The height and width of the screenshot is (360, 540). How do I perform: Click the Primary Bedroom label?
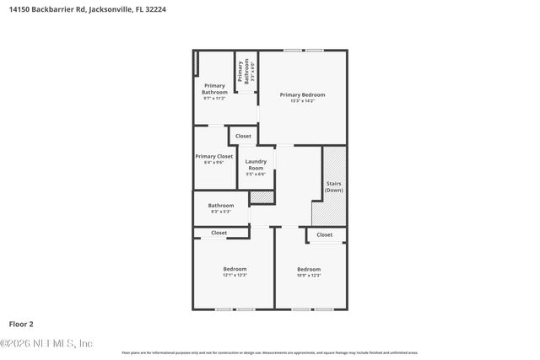coord(302,94)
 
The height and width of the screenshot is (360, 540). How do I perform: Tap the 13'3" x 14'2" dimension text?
coord(302,101)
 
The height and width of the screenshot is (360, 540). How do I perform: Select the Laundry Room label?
coord(256,164)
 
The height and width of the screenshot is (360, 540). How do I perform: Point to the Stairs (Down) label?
coord(334,186)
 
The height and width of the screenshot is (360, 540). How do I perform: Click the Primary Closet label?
coord(213,156)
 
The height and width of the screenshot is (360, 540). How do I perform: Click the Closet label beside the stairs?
coord(325,234)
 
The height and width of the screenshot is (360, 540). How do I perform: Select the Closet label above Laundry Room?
coord(243,136)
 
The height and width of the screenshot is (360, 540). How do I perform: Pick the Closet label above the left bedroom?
coord(219,233)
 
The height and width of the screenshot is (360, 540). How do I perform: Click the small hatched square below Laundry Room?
coord(262,197)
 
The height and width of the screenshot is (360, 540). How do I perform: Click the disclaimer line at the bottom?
coord(270,352)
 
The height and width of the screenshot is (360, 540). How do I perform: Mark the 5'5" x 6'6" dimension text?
coord(256,175)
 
